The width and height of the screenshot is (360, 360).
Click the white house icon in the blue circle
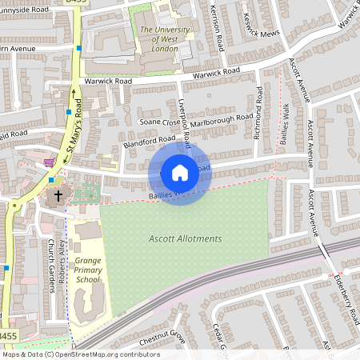[x=180, y=172]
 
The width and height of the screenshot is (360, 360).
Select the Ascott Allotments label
[x=185, y=238]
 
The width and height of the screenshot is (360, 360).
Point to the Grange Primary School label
[x=87, y=271]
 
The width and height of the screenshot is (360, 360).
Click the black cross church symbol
[x=58, y=196]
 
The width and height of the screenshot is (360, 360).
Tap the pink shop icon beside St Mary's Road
[x=50, y=162]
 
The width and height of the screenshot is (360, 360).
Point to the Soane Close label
[x=156, y=122]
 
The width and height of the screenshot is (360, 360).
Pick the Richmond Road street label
[x=258, y=114]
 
